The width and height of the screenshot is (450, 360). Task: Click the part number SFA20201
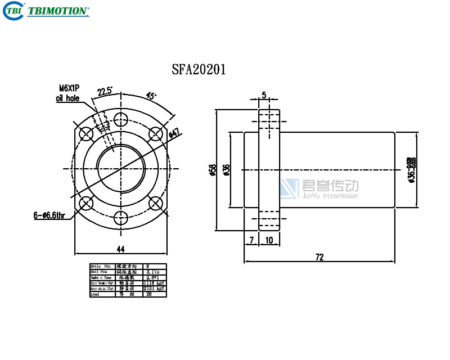[x=199, y=69]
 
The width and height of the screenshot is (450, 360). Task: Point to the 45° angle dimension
[x=151, y=95]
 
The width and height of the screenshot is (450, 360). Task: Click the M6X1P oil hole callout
[x=69, y=93]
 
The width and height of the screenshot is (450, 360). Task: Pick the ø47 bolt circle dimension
[x=174, y=133]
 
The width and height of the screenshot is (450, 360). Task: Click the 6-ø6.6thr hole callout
[x=49, y=215]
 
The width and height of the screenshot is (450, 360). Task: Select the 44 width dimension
[x=120, y=249]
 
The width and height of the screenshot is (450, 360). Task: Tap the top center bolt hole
[x=120, y=119]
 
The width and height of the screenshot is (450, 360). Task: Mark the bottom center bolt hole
[x=120, y=216]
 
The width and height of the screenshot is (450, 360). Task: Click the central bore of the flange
[x=120, y=168]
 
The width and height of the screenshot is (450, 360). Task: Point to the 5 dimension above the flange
[x=264, y=95]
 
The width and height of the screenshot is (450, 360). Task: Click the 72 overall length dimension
[x=319, y=257]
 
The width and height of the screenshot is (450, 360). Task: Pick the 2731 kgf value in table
[x=153, y=288]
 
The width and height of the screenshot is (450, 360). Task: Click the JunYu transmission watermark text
[x=330, y=196]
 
